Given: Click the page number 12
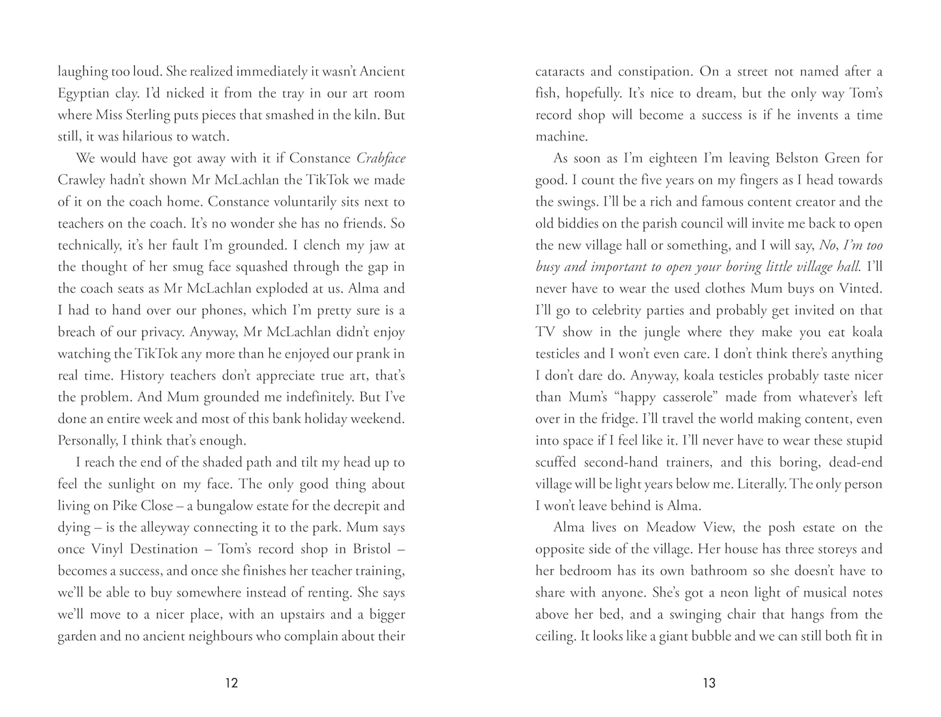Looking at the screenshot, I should (231, 683).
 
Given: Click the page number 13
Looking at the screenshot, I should (709, 683).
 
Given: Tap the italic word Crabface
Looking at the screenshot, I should (381, 159).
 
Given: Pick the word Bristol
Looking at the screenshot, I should (363, 550).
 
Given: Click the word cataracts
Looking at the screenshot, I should (560, 72).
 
